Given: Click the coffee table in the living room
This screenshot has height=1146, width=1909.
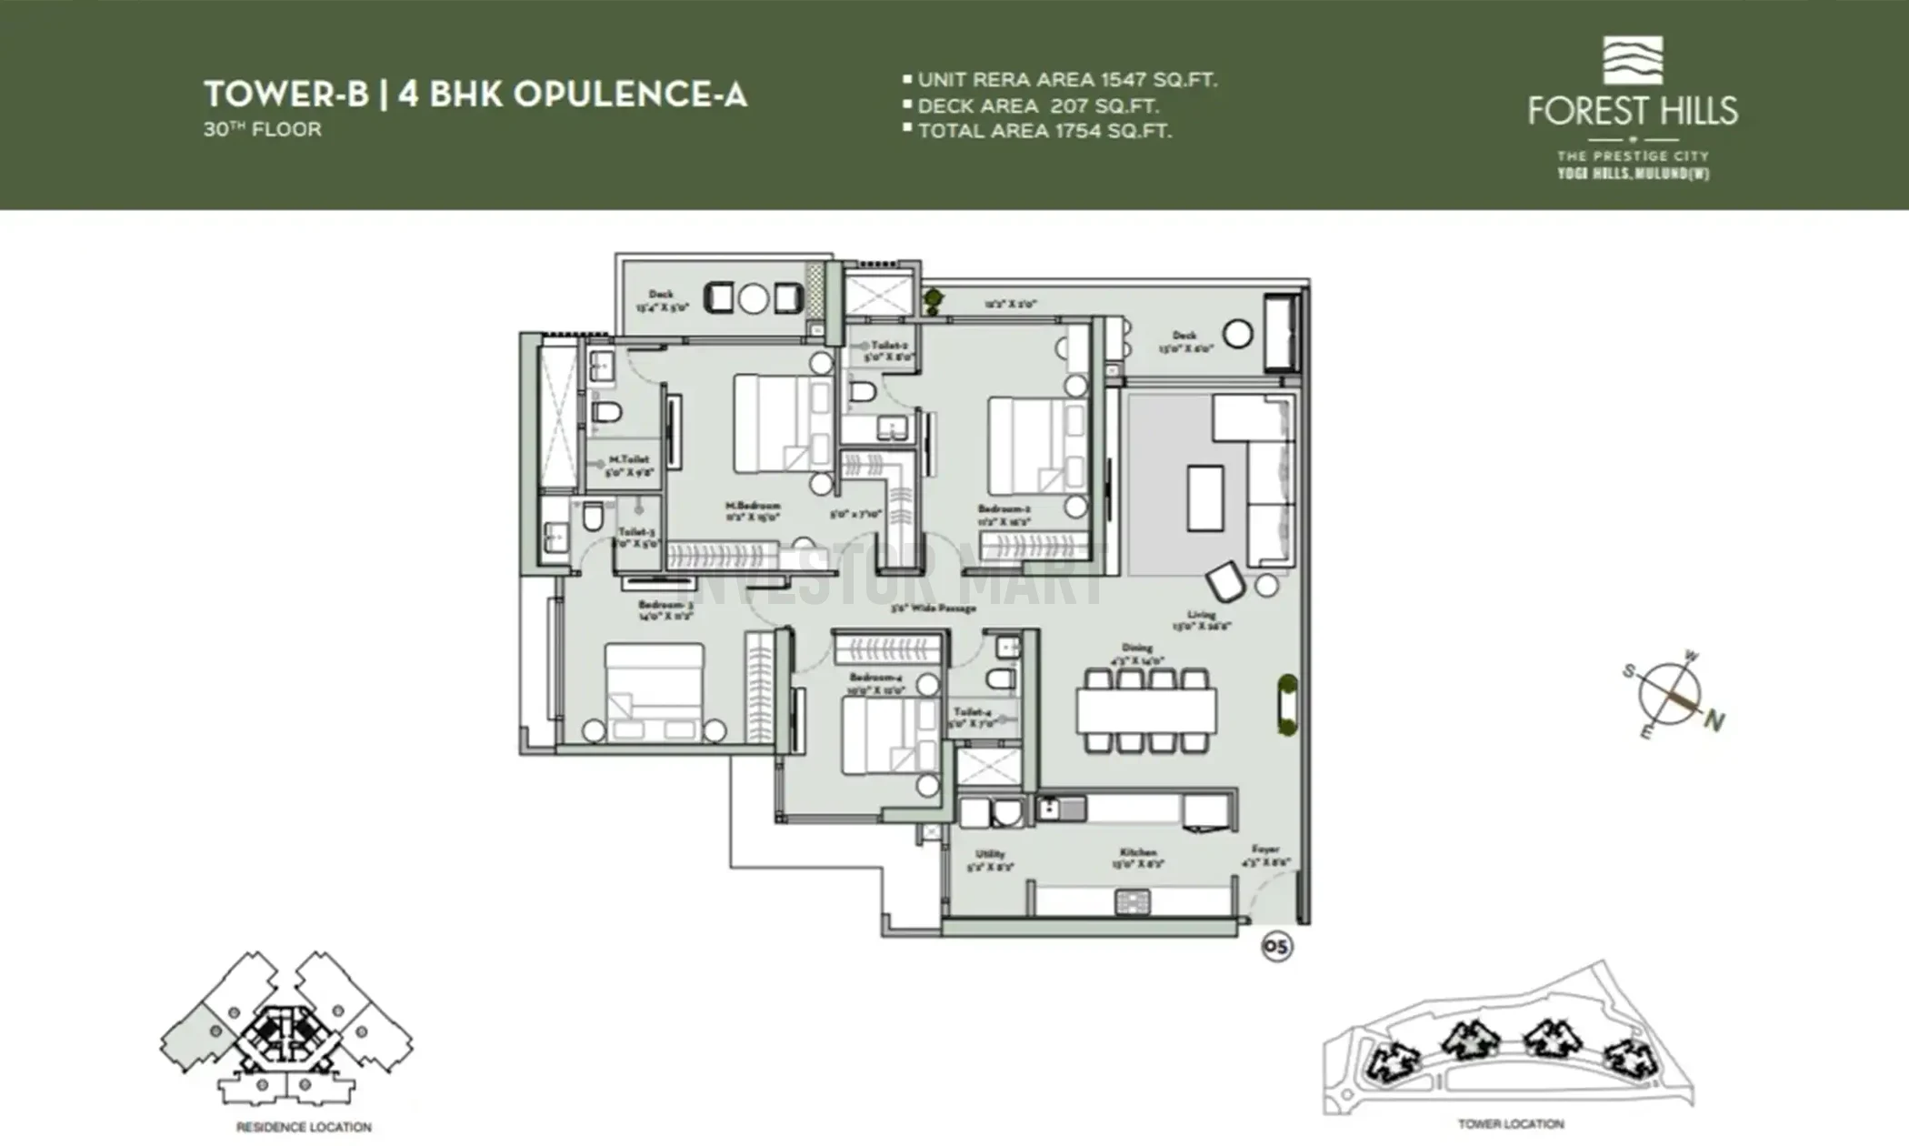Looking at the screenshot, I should (x=1205, y=498).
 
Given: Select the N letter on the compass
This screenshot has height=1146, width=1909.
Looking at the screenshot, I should (x=1714, y=722).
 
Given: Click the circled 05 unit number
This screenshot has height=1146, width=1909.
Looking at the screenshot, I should (x=1276, y=948).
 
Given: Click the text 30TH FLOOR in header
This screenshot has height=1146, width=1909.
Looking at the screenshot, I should (x=263, y=129).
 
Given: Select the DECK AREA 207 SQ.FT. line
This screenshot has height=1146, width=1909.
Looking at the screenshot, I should (x=1037, y=106).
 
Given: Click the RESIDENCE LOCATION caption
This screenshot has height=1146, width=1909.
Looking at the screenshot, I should (x=304, y=1127).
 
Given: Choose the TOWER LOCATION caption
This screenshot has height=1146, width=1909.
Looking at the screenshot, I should (x=1511, y=1124).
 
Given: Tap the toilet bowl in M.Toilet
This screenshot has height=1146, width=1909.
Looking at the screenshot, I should (x=606, y=413).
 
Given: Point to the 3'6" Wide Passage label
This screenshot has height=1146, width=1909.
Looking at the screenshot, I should (x=933, y=608).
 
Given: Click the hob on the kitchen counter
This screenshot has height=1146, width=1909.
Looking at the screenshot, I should (x=1133, y=902).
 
